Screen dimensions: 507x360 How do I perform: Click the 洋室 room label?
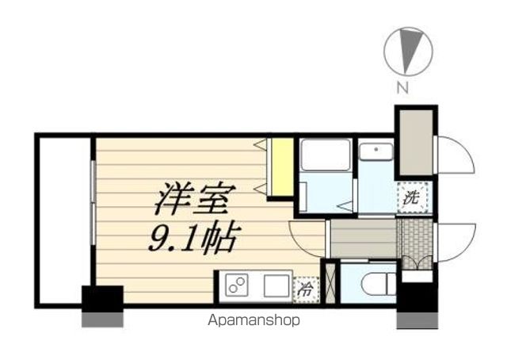pyautogui.click(x=195, y=198)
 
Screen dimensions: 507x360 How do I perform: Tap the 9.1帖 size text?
pyautogui.click(x=195, y=238)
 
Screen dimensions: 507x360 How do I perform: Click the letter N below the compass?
pyautogui.click(x=402, y=87)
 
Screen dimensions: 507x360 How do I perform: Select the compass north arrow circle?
pyautogui.click(x=408, y=52)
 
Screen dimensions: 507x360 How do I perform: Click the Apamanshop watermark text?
pyautogui.click(x=253, y=320)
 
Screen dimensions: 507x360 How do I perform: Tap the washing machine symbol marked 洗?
pyautogui.click(x=414, y=197)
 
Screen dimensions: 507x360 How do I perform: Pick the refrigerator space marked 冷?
pyautogui.click(x=305, y=289)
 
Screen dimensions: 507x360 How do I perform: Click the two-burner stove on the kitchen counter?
pyautogui.click(x=237, y=285)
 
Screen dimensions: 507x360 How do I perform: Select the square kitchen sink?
pyautogui.click(x=276, y=285)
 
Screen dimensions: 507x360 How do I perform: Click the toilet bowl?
pyautogui.click(x=378, y=284)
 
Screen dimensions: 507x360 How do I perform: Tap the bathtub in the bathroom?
pyautogui.click(x=326, y=155)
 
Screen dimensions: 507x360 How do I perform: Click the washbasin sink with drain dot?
pyautogui.click(x=376, y=151)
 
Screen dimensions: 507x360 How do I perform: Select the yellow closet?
pyautogui.click(x=282, y=167)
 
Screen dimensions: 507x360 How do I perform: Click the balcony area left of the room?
pyautogui.click(x=64, y=220)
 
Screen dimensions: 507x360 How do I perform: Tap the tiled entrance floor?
pyautogui.click(x=417, y=243)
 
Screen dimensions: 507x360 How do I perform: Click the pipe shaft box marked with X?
pyautogui.click(x=330, y=283)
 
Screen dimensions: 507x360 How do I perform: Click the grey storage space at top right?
pyautogui.click(x=416, y=143)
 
